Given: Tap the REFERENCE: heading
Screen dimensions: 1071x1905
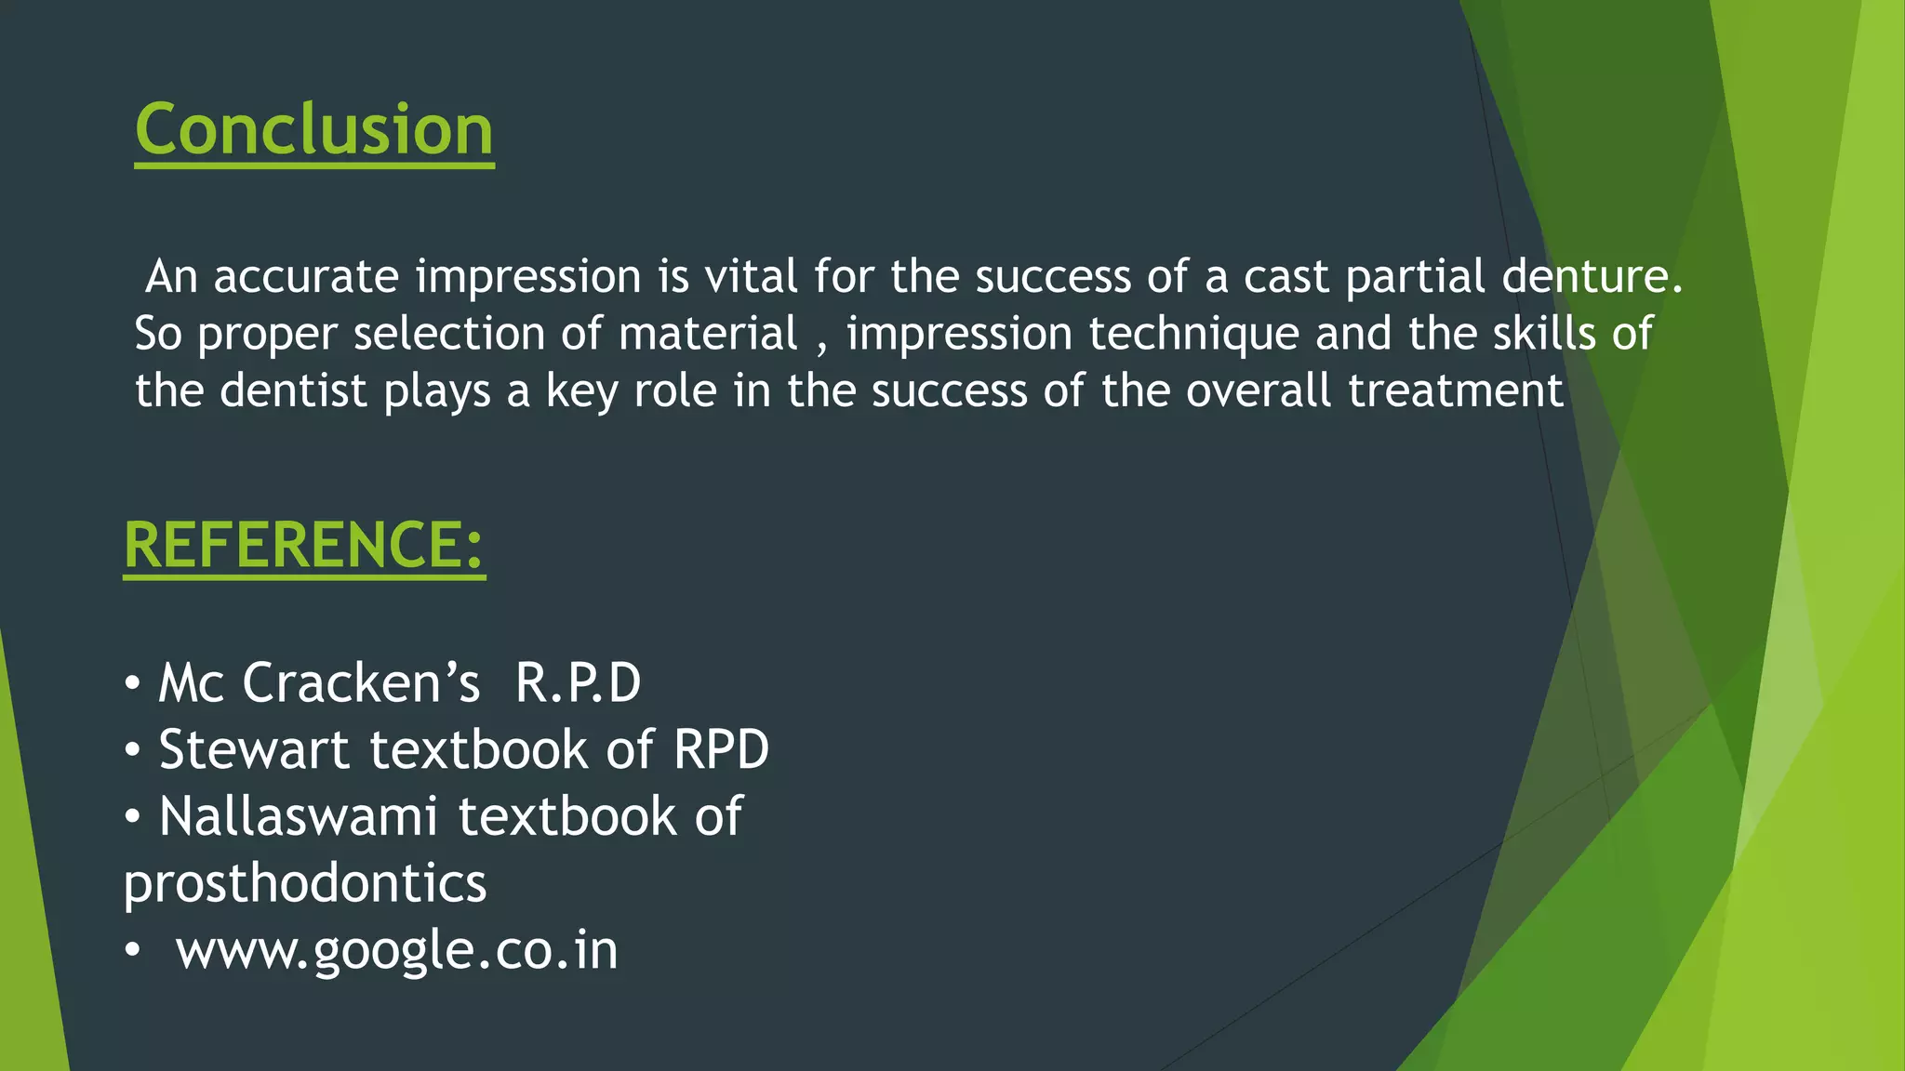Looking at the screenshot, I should click(x=304, y=545).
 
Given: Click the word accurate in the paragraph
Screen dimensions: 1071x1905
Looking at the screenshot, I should click(x=306, y=277).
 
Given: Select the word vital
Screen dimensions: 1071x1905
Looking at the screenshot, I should click(x=751, y=277).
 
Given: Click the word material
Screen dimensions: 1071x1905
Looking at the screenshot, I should click(x=708, y=334).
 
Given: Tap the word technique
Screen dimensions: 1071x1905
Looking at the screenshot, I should click(x=1193, y=335).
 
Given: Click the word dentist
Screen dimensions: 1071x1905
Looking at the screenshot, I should click(x=293, y=390).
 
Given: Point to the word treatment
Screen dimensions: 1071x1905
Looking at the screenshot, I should click(x=1456, y=390).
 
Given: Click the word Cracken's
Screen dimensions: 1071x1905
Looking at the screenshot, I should click(x=361, y=683).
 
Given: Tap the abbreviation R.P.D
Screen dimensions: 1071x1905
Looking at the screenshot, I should click(x=578, y=683).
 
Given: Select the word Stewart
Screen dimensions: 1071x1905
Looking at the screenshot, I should click(x=254, y=750).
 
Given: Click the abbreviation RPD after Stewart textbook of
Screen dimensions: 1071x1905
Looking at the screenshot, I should click(x=721, y=750).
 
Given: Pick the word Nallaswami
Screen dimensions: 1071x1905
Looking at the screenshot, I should click(x=298, y=817).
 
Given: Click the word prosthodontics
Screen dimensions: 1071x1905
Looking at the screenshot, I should click(x=305, y=884).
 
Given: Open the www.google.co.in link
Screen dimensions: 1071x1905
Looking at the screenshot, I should click(x=397, y=951).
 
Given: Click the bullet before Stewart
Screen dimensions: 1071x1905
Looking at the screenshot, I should click(x=133, y=750).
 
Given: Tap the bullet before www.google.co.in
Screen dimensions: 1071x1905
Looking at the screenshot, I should click(x=133, y=951).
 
